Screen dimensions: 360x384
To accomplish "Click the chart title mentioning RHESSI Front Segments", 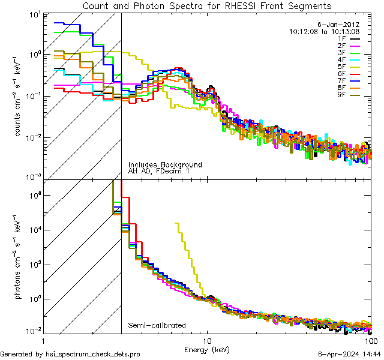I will point(206,6).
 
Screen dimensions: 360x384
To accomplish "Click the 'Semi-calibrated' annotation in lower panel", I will point(157,326).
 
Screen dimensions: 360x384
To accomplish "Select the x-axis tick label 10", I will point(207,340).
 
